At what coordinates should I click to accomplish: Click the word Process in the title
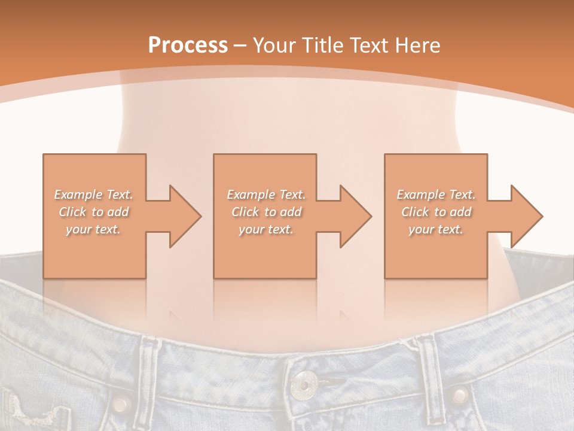[x=188, y=45]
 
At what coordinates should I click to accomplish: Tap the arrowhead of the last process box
[x=526, y=216]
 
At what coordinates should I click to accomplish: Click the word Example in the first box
[x=78, y=195]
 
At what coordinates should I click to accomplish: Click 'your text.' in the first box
[x=93, y=229]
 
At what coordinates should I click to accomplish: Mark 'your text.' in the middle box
[x=265, y=229]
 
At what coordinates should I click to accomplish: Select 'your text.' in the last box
[x=436, y=229]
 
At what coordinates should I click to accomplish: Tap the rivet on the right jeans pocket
[x=459, y=394]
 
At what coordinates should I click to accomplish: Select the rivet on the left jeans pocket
[x=122, y=402]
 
